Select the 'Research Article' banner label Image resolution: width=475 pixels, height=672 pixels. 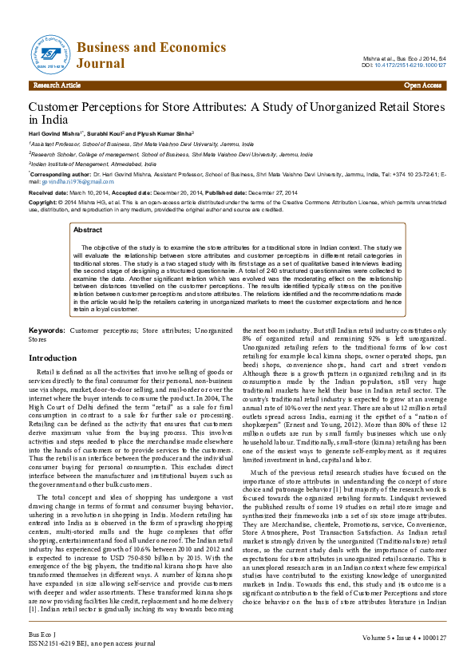(57, 85)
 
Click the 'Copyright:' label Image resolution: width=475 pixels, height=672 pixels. (45, 203)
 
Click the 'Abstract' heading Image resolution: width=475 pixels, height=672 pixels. (88, 230)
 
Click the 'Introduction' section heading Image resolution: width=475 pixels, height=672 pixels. (53, 358)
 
